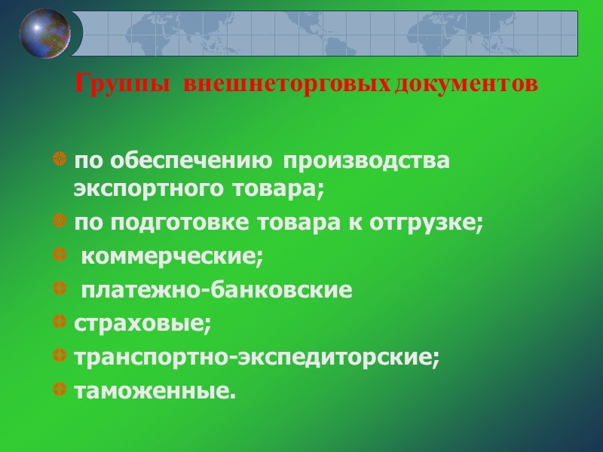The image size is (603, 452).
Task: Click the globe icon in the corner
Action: (46, 32)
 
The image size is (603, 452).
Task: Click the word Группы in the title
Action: (123, 83)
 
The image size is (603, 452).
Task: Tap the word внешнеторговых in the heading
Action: (287, 83)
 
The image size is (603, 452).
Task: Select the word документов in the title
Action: (465, 83)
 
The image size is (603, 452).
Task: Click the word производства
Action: (367, 161)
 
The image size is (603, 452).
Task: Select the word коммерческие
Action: (172, 257)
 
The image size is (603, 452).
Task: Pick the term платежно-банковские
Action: (216, 290)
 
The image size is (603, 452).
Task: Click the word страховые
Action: (142, 324)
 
